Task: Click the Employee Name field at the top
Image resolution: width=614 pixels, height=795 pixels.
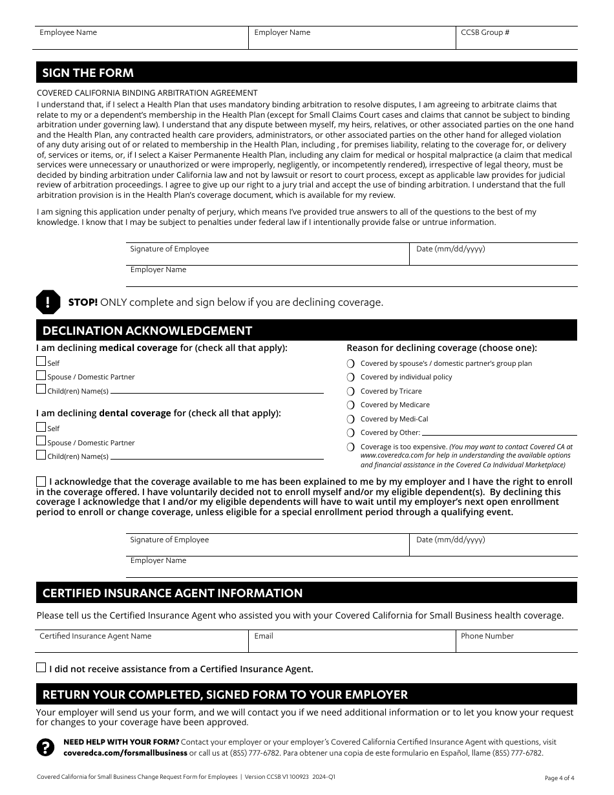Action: pos(140,38)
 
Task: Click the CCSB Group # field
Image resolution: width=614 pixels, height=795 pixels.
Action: pos(516,38)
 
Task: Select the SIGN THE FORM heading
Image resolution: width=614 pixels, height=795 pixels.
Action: pos(88,72)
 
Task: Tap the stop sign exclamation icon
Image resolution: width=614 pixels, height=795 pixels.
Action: pos(48,302)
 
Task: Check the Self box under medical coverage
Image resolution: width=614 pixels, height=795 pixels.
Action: pos(41,362)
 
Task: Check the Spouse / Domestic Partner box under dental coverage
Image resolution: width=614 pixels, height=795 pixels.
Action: pos(41,441)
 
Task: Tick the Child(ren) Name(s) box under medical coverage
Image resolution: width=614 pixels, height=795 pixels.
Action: pos(41,390)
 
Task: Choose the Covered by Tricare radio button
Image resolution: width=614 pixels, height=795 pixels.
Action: pos(351,391)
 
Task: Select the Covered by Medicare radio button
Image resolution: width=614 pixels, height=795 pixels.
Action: pos(351,405)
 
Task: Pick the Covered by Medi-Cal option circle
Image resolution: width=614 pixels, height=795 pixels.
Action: pos(351,419)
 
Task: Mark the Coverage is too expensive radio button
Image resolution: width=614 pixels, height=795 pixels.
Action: pos(351,447)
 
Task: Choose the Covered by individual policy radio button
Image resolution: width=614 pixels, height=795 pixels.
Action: pos(351,377)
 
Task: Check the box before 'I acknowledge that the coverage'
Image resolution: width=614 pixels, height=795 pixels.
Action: pos(41,482)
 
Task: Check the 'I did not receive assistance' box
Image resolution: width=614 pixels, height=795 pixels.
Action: pos(41,668)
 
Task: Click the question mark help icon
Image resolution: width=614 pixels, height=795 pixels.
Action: pos(45,747)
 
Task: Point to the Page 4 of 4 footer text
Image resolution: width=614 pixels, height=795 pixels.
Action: pos(559,778)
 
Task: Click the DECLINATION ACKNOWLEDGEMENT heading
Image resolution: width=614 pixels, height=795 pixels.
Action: pos(147,331)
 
